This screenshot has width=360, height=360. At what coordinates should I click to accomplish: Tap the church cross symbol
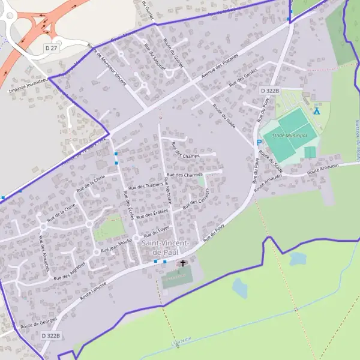click(x=183, y=263)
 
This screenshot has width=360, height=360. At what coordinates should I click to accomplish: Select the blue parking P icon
click(x=259, y=142)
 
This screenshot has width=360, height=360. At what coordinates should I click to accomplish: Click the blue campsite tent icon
click(x=317, y=110)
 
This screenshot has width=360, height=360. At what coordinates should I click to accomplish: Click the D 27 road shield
click(x=52, y=47)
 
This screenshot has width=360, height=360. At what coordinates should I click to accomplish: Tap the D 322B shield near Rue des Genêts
click(x=271, y=90)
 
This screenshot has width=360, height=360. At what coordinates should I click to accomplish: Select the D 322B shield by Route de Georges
click(x=51, y=336)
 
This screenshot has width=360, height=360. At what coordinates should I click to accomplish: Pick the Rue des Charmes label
click(x=185, y=175)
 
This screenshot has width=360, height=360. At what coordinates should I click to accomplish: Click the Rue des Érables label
click(x=152, y=214)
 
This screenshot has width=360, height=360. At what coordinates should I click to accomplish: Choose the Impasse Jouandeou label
click(x=28, y=88)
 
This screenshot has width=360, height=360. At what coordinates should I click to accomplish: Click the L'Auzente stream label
click(x=181, y=340)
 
